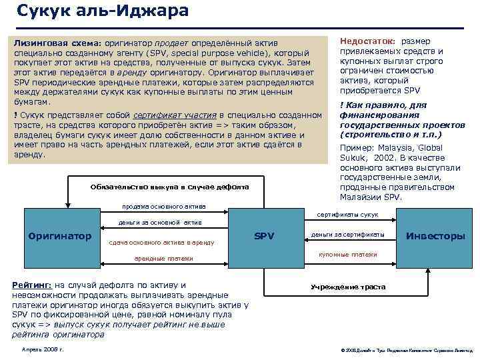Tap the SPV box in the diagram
click(265, 235)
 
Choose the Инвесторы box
click(435, 236)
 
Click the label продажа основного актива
click(164, 206)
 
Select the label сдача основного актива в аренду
click(161, 243)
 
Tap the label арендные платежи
click(163, 258)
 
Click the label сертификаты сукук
click(347, 215)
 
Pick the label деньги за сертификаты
click(347, 235)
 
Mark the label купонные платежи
click(347, 255)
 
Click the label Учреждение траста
click(348, 287)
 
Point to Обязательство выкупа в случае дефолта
click(169, 187)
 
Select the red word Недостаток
click(367, 41)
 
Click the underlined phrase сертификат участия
click(174, 115)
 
